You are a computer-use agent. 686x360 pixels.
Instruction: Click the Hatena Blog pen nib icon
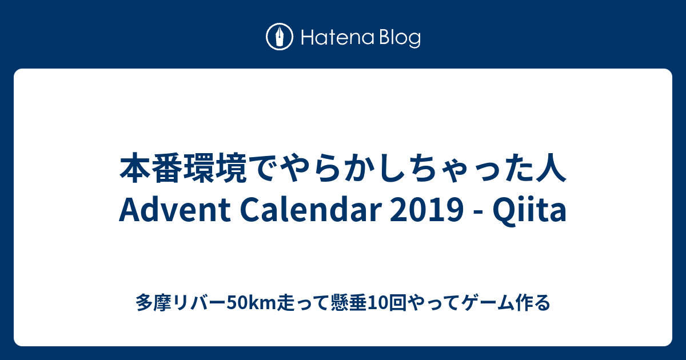click(x=280, y=37)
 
